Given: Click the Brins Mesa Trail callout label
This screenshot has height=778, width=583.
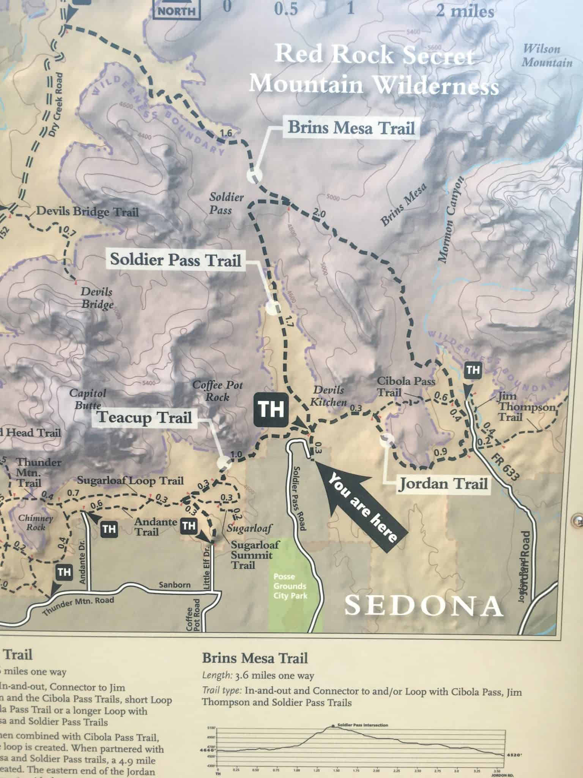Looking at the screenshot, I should pos(351,128).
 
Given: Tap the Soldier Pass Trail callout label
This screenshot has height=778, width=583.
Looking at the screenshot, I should pos(176,260).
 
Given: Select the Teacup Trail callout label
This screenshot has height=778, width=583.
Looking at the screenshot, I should pos(145,417).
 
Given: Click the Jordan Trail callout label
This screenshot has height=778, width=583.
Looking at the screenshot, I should pos(443,484).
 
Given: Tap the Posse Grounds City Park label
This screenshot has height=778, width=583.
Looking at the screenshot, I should pos(290,586).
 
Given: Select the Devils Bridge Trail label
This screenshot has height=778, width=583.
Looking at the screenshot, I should pos(87,212).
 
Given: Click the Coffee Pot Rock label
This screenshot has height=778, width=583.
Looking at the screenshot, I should pos(218,391).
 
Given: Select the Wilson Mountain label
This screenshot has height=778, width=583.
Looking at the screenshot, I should pos(547,55).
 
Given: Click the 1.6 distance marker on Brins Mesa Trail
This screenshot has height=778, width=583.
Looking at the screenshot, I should pos(226,133).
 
